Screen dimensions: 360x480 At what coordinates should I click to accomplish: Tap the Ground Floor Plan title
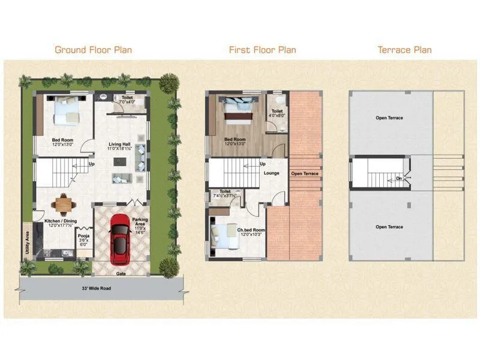[x=93, y=50]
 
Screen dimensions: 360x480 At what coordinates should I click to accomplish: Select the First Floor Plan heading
[x=262, y=50]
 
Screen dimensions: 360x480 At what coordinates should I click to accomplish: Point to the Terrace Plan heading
[x=404, y=50]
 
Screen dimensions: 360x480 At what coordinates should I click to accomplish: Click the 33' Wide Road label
[x=97, y=288]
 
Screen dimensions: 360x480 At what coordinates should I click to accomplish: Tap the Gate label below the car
[x=120, y=273]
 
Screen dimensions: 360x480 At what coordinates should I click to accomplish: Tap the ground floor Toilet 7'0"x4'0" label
[x=127, y=99]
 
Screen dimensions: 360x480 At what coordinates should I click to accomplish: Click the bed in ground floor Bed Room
[x=66, y=110]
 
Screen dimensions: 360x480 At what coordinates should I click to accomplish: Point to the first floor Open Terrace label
[x=305, y=173]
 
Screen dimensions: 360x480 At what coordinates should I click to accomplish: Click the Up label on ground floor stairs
[x=91, y=164]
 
